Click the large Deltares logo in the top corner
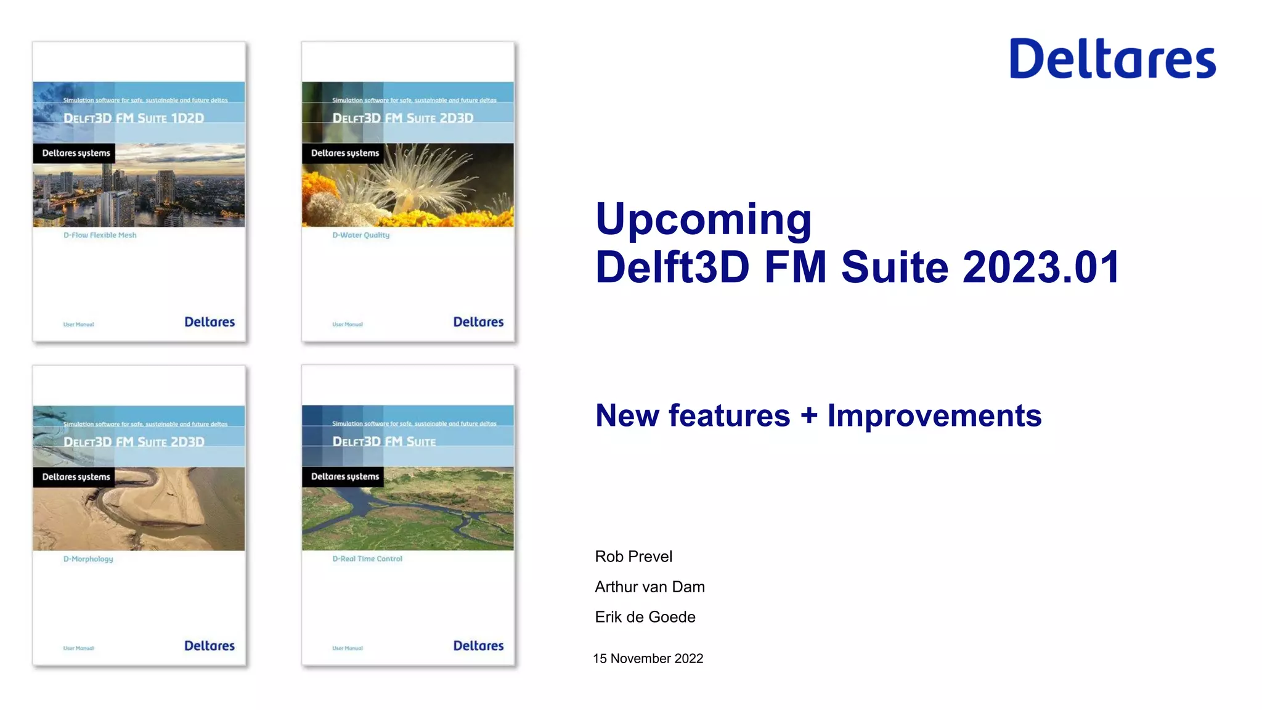pos(1112,59)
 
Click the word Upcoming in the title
pos(703,219)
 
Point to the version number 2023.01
pos(1041,267)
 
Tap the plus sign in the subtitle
pos(809,415)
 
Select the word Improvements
pos(934,415)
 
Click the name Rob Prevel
pos(633,557)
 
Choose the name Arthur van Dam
pos(649,587)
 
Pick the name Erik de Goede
pos(645,617)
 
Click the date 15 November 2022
pos(648,658)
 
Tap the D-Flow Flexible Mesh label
pos(100,235)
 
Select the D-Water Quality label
pos(361,235)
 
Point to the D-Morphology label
pos(88,559)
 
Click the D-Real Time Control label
pos(367,558)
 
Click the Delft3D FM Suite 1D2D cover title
pos(134,118)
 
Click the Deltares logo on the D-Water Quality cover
pos(478,322)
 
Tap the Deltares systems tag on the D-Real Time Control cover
pos(344,476)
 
